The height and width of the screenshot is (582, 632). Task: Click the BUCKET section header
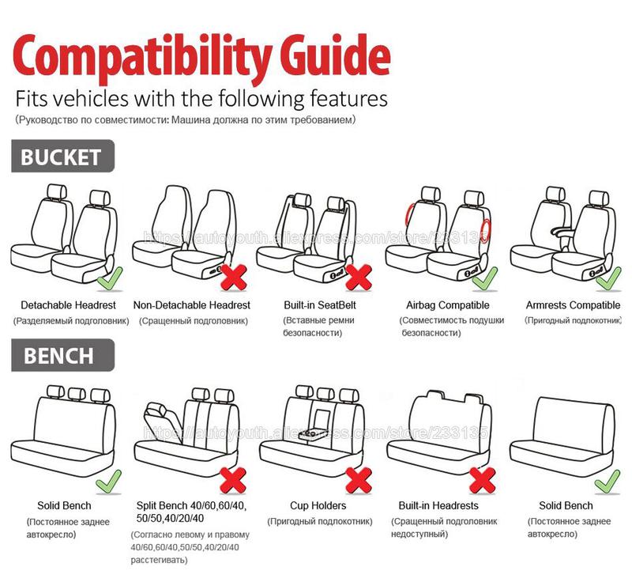coord(62,156)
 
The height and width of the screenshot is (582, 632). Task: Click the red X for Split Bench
coord(233,479)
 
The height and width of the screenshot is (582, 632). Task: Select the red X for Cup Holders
coord(359,479)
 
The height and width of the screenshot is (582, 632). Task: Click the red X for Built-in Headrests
coord(482,479)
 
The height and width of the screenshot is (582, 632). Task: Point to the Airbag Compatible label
coord(448,305)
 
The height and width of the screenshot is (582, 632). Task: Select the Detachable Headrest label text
coord(68,305)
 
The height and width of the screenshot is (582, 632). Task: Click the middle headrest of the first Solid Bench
coord(77,393)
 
